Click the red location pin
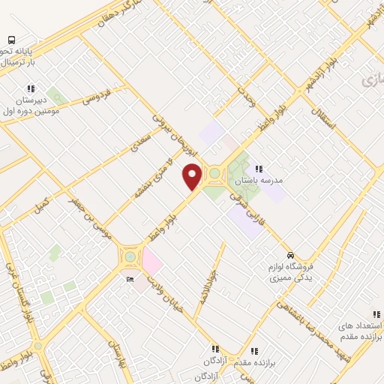pos(193,176)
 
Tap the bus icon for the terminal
pos(11,39)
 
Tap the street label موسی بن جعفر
pos(89,217)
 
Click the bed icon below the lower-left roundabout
pos(130,279)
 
